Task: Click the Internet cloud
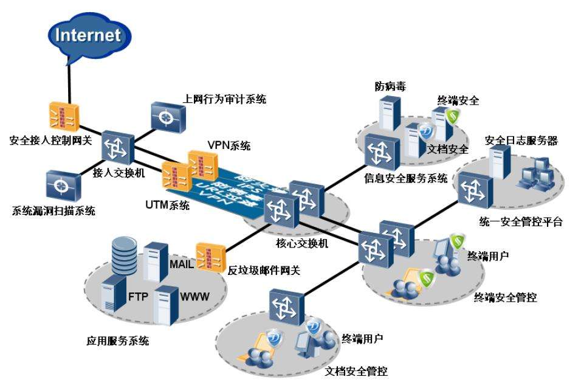[88, 35]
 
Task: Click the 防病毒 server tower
[388, 116]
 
